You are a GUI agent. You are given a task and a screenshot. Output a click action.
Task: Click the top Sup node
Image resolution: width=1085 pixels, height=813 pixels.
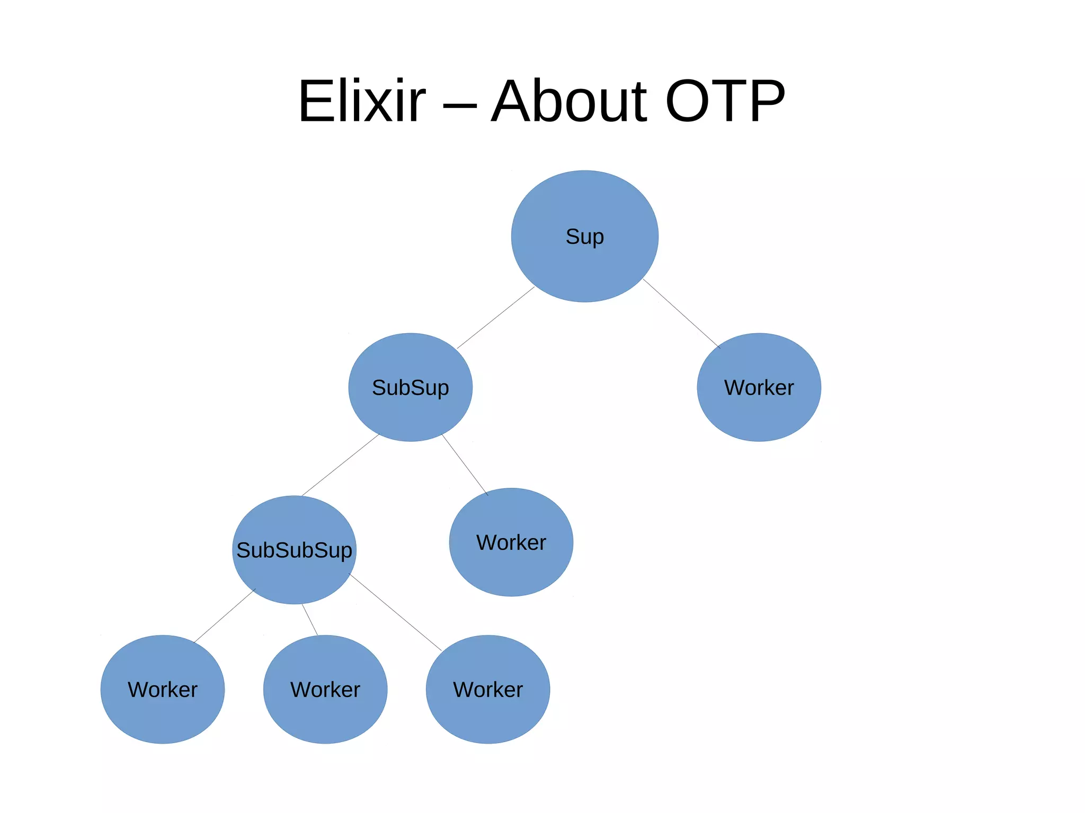click(x=584, y=236)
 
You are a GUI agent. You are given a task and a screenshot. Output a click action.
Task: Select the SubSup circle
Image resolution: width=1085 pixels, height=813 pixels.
click(x=410, y=387)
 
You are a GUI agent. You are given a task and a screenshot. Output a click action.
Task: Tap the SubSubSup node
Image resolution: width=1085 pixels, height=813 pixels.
click(x=294, y=550)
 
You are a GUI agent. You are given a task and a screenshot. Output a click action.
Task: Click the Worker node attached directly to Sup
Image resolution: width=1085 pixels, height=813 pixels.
click(x=759, y=387)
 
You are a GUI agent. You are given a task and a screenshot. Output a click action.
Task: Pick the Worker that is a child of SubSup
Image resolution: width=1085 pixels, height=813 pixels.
click(x=511, y=542)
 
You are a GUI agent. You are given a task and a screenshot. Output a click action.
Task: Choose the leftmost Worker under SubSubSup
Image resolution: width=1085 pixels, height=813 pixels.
click(x=163, y=689)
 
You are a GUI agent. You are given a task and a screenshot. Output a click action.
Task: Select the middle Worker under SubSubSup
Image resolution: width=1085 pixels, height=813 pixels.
click(x=325, y=689)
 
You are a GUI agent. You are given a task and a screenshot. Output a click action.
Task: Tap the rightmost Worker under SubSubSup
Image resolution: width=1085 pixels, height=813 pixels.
click(x=488, y=689)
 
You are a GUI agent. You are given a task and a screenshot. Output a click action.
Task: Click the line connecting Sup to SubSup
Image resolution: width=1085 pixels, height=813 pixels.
click(x=496, y=317)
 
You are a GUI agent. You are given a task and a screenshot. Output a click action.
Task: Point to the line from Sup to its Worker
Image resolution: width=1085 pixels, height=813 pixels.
click(x=681, y=314)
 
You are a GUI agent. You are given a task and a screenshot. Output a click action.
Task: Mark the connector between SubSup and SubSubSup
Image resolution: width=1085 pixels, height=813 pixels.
click(x=341, y=464)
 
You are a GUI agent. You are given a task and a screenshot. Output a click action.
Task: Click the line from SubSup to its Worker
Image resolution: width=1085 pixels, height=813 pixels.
click(x=465, y=464)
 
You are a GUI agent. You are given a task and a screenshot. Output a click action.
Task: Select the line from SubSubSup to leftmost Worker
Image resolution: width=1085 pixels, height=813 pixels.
click(x=225, y=616)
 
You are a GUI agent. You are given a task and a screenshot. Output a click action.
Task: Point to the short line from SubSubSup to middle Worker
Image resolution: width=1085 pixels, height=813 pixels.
click(x=310, y=620)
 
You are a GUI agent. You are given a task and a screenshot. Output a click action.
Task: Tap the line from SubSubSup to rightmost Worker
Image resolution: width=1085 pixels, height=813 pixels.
click(x=395, y=612)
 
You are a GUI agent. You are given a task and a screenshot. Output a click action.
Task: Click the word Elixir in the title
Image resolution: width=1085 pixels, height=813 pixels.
click(x=362, y=101)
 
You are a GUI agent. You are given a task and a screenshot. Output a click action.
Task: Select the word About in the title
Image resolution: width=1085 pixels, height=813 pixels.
click(x=569, y=101)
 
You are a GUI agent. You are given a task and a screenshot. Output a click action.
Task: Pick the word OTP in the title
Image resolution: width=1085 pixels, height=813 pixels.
click(x=725, y=101)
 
